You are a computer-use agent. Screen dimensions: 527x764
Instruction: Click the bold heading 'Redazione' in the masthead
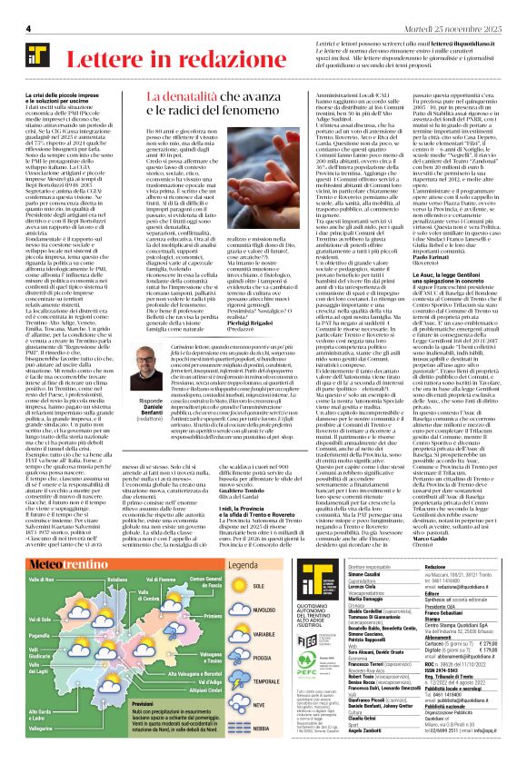click(441, 540)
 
